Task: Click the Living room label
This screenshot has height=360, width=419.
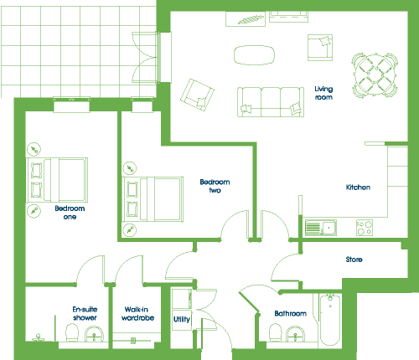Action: tap(323, 93)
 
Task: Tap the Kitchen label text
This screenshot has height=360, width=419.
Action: tap(358, 188)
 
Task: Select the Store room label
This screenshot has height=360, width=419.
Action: tap(354, 260)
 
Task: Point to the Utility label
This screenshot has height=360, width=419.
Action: tap(182, 320)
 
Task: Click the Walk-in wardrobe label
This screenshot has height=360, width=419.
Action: tap(137, 314)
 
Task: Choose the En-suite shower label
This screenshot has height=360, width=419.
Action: tap(85, 313)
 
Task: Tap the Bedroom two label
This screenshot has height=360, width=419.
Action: tap(215, 186)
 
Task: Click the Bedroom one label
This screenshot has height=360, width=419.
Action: tap(70, 213)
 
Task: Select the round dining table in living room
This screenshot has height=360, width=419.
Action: tap(375, 75)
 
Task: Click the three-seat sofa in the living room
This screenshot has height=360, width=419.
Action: tap(271, 102)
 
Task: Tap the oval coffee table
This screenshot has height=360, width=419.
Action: tap(254, 55)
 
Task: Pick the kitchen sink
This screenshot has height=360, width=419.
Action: tap(321, 228)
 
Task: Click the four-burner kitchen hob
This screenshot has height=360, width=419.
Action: tap(365, 228)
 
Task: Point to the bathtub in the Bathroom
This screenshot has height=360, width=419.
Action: tap(330, 320)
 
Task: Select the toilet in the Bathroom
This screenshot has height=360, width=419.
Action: tap(276, 332)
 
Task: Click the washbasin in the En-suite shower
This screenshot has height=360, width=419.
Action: tap(95, 334)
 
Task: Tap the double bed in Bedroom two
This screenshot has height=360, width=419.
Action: tap(153, 199)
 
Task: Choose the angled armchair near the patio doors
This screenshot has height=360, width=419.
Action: tap(197, 95)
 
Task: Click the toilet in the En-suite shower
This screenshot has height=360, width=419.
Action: tap(72, 332)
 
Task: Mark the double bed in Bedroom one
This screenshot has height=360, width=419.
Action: tap(57, 180)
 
